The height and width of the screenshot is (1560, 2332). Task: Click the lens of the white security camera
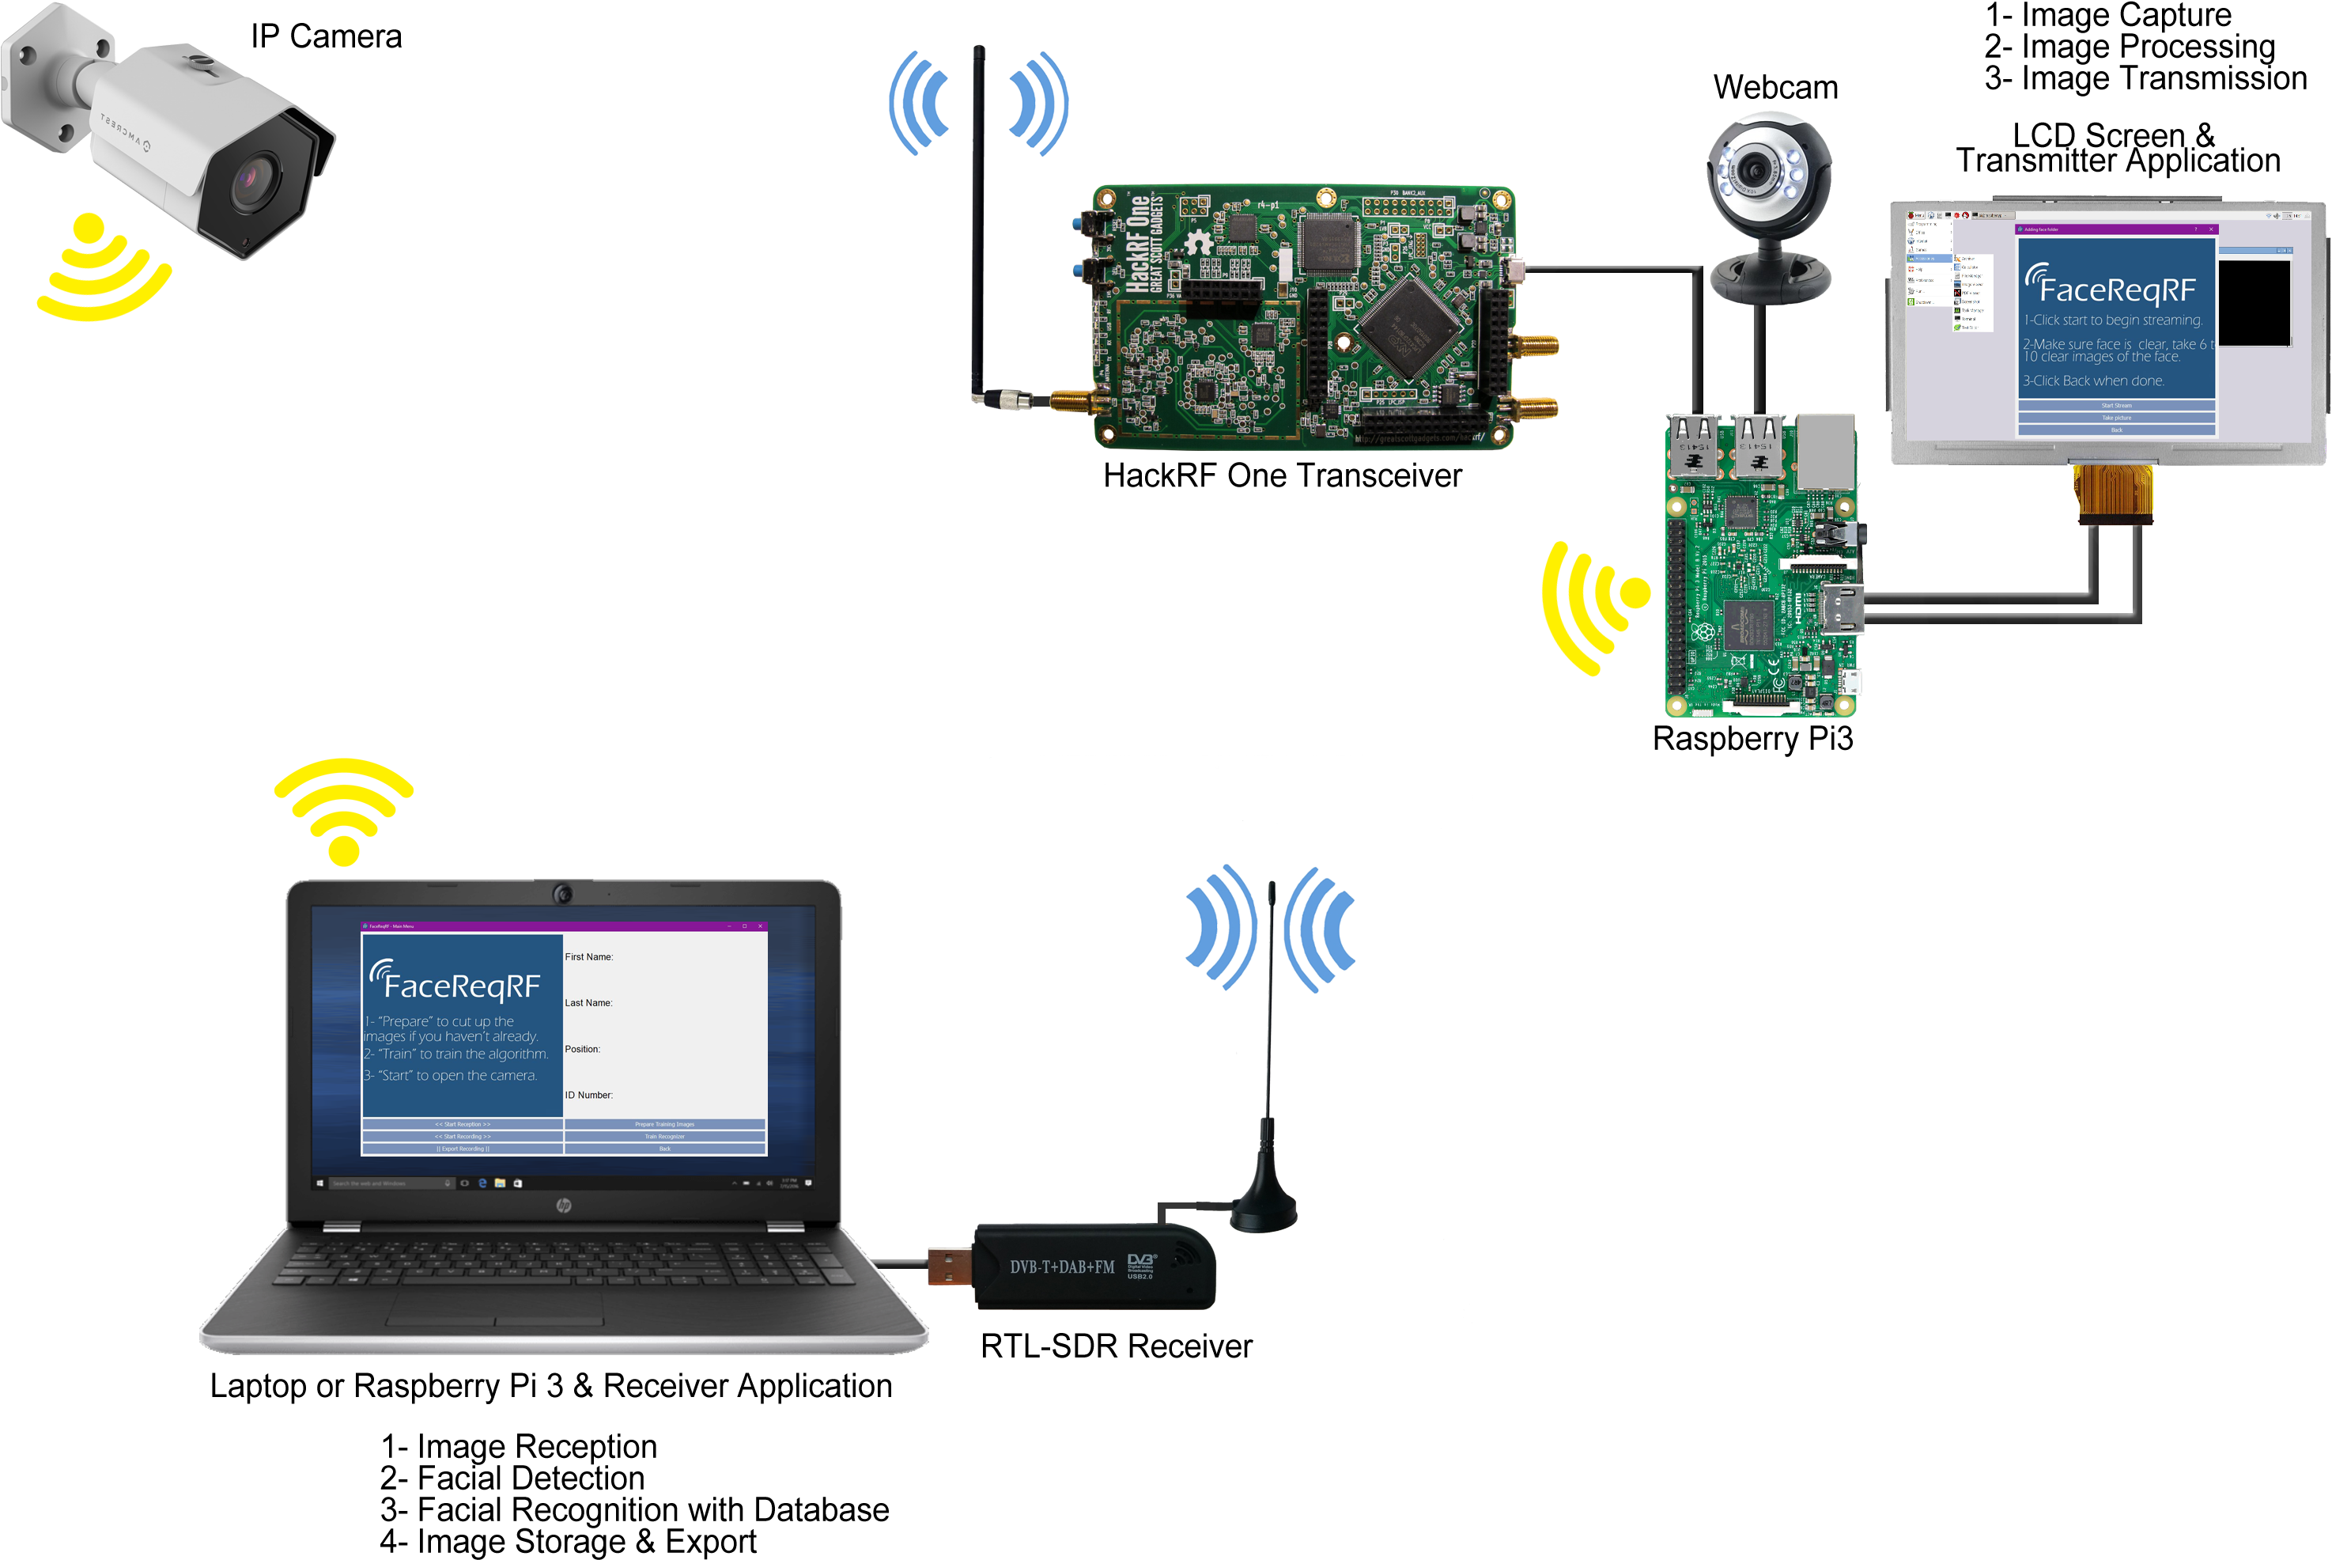point(248,179)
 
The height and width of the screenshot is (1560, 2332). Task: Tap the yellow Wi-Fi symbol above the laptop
point(343,811)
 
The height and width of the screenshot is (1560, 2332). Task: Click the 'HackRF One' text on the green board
point(1136,244)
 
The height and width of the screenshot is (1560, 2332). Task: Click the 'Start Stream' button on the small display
point(2116,406)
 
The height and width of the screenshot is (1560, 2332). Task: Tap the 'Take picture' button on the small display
point(2116,418)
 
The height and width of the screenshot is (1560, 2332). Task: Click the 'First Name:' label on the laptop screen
point(588,957)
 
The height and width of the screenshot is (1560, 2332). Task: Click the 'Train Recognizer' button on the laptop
point(664,1136)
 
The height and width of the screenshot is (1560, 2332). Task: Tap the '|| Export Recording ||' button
point(463,1149)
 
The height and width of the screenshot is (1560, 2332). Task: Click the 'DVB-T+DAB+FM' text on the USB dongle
point(1062,1267)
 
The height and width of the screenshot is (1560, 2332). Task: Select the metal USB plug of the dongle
point(950,1267)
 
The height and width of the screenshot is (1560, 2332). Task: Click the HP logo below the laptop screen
point(564,1206)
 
